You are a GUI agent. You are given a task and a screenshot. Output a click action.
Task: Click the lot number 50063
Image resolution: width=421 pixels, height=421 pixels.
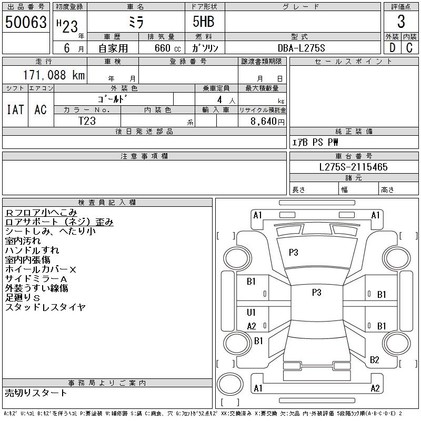click(26, 22)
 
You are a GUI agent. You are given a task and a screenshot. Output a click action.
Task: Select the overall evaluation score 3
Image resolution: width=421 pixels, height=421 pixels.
click(401, 22)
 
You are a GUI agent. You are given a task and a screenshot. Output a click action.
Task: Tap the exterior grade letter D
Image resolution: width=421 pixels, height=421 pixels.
click(392, 48)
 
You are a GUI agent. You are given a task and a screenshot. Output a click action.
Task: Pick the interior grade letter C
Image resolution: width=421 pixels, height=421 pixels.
click(409, 48)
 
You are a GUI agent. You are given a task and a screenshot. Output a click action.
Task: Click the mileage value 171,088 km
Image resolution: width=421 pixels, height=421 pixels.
click(54, 75)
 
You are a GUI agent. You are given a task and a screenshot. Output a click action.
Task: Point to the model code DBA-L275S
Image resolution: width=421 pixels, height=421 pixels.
click(301, 48)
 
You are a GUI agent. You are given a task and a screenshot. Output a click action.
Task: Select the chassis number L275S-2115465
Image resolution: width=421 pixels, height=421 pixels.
click(353, 167)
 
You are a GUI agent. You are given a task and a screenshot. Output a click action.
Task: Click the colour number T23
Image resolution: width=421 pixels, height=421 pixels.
click(87, 121)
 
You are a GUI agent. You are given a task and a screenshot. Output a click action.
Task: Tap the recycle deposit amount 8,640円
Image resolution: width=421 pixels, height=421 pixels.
click(267, 122)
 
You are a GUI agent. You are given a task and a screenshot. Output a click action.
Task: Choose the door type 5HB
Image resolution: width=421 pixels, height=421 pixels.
click(204, 22)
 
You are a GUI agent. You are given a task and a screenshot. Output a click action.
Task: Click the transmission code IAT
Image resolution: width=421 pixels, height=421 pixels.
click(15, 109)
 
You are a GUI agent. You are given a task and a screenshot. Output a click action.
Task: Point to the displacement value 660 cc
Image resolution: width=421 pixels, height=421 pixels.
click(167, 48)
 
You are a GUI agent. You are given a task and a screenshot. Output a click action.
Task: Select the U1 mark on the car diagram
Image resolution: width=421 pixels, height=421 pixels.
click(251, 312)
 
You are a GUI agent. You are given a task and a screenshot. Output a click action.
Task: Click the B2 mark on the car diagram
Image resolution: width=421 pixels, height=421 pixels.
click(374, 359)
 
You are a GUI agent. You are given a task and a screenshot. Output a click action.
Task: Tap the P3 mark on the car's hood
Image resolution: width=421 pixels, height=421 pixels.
click(294, 253)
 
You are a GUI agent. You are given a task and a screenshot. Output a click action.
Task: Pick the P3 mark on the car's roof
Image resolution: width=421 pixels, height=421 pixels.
click(317, 292)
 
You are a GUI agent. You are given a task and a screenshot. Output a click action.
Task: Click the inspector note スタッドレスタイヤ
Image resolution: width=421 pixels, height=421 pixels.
click(45, 307)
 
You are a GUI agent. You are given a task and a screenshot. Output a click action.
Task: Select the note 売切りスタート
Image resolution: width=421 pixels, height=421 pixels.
click(36, 393)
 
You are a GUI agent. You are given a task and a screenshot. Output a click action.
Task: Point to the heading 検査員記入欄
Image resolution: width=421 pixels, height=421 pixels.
click(107, 202)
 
